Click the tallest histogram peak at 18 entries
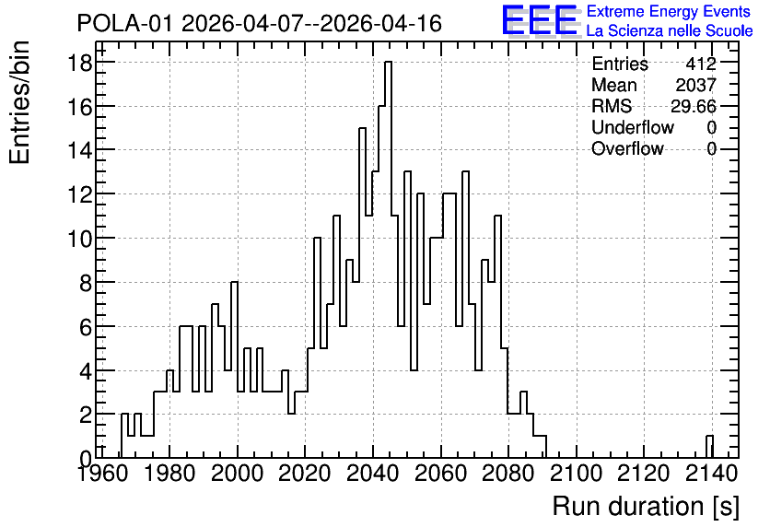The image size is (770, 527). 388,63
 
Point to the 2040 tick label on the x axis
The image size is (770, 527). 373,474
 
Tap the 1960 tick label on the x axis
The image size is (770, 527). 101,474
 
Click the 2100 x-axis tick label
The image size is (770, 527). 576,474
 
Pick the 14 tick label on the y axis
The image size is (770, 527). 79,150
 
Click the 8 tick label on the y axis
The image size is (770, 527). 86,283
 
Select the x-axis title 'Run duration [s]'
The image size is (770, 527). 646,507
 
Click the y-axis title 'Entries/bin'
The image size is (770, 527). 19,102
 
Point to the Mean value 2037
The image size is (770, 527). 695,85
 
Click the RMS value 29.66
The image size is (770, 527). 694,106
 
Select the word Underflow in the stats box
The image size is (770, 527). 633,127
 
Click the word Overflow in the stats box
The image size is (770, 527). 627,148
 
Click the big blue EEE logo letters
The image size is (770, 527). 540,20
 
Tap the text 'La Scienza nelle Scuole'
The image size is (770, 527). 670,30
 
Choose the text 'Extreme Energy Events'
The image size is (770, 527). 669,11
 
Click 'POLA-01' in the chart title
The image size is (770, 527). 124,23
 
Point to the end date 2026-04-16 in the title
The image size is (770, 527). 380,23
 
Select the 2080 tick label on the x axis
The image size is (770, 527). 508,474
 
